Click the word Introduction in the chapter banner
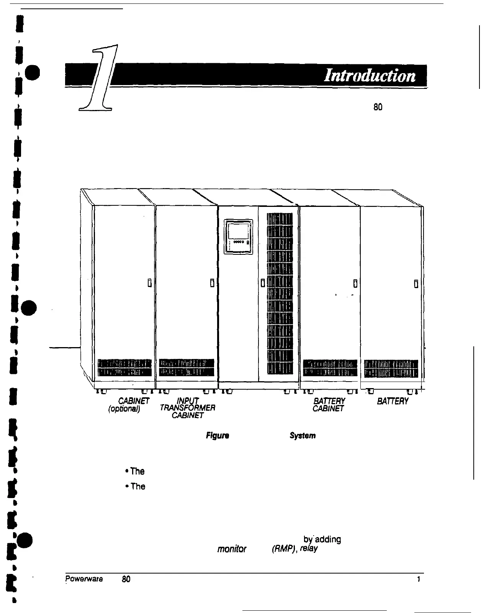(370, 75)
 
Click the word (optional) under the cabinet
(124, 408)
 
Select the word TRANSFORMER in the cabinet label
(187, 408)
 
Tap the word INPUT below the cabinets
(188, 401)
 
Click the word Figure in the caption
(217, 436)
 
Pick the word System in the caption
(303, 436)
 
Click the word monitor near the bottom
(232, 549)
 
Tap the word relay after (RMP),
(309, 549)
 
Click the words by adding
(322, 539)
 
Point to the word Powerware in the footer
(84, 579)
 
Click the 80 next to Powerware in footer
(126, 579)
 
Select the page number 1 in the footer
(419, 579)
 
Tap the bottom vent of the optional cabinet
(125, 368)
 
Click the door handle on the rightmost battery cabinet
(416, 284)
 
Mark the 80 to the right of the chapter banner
(378, 107)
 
